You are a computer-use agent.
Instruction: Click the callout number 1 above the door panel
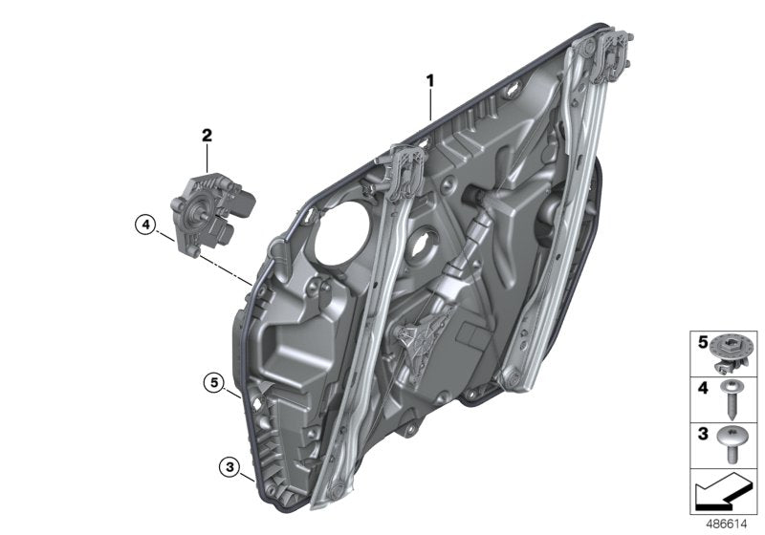[430, 82]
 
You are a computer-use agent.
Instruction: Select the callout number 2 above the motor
[206, 135]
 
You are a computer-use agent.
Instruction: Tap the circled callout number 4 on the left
[144, 225]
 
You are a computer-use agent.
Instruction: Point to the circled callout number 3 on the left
[229, 467]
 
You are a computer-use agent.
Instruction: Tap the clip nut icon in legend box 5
[733, 351]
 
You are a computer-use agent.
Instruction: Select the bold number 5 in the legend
[701, 340]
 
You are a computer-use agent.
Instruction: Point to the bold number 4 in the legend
[701, 388]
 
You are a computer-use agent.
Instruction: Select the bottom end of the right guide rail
[515, 382]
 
